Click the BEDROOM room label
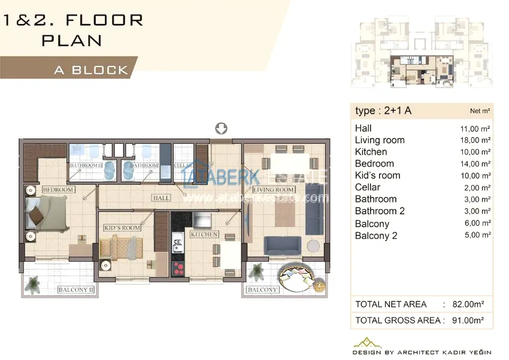tap(59, 189)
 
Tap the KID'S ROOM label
tap(122, 228)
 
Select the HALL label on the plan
tap(161, 198)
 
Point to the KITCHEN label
tap(204, 234)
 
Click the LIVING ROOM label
tap(274, 189)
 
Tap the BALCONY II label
tap(75, 289)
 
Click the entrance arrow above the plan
tap(222, 128)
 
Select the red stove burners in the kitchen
tap(178, 269)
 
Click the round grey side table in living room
tap(313, 246)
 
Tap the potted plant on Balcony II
tap(33, 285)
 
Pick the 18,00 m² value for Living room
tap(475, 140)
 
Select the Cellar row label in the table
tap(368, 187)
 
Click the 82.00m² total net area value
tap(468, 304)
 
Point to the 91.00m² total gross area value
tap(468, 320)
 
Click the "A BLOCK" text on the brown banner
tap(91, 70)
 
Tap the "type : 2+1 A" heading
tap(383, 111)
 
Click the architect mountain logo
tap(367, 343)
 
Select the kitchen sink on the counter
tap(178, 242)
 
